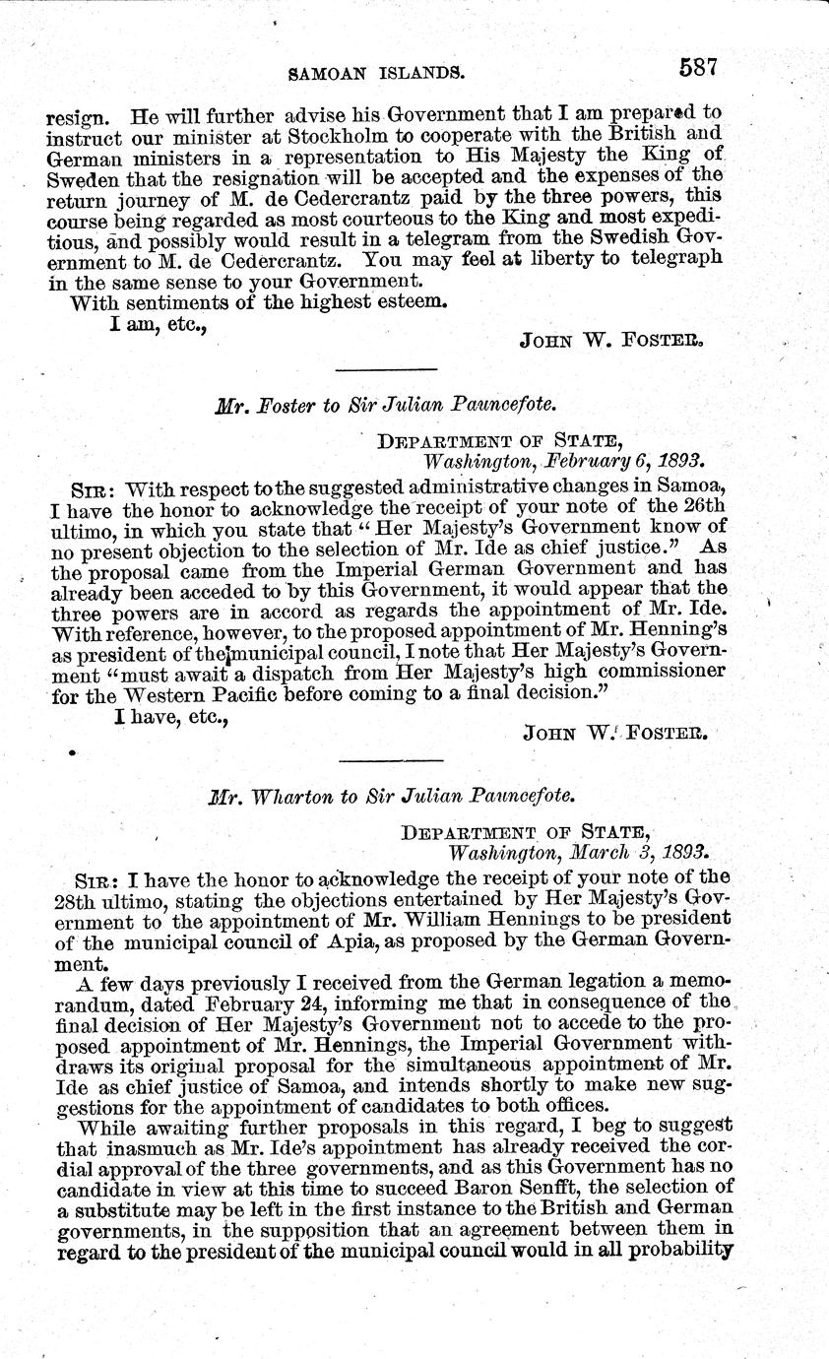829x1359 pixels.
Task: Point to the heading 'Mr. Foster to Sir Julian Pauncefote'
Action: (391, 406)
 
